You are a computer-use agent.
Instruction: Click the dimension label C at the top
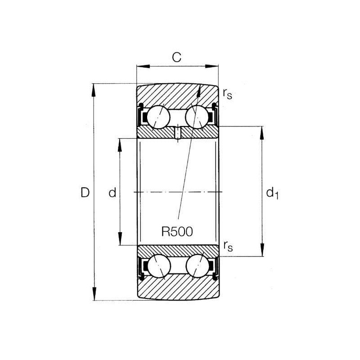177,58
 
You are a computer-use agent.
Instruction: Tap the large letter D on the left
85,193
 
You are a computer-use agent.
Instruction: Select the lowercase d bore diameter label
112,193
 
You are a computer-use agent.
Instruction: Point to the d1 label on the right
272,193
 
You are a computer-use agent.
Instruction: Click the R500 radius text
177,231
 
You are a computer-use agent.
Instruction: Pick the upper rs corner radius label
227,94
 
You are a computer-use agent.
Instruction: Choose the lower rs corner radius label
228,246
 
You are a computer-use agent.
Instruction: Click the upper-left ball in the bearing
158,117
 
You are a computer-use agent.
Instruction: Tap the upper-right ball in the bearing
197,117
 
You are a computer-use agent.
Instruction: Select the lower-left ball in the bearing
159,266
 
